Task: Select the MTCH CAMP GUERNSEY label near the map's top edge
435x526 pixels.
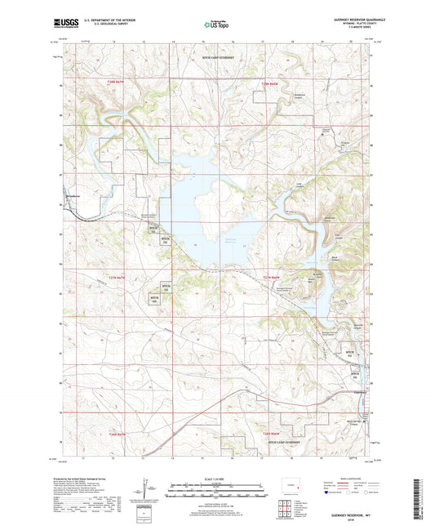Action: (x=218, y=58)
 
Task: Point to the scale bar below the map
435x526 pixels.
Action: (x=217, y=492)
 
